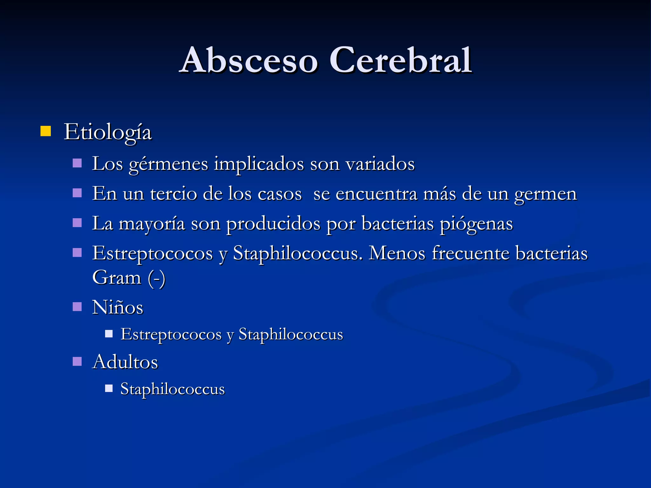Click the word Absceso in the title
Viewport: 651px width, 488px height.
(x=249, y=60)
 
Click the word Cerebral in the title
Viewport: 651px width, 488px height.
(x=401, y=60)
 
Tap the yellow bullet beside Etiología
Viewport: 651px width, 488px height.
(x=46, y=131)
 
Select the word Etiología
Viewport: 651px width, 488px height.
(x=108, y=132)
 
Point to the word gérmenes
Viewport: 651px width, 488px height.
(x=168, y=165)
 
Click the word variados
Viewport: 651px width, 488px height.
(x=380, y=164)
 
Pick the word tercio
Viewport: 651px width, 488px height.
(x=173, y=193)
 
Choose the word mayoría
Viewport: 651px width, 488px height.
(x=152, y=224)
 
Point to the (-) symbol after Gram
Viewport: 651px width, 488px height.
(x=157, y=278)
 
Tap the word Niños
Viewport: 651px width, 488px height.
(x=118, y=307)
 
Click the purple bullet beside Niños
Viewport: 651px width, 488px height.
(x=77, y=307)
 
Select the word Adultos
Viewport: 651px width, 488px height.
(x=125, y=362)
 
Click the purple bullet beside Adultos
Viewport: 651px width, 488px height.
(x=77, y=361)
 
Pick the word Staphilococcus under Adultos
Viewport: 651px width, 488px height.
(x=173, y=389)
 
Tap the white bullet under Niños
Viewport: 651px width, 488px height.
(x=109, y=334)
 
